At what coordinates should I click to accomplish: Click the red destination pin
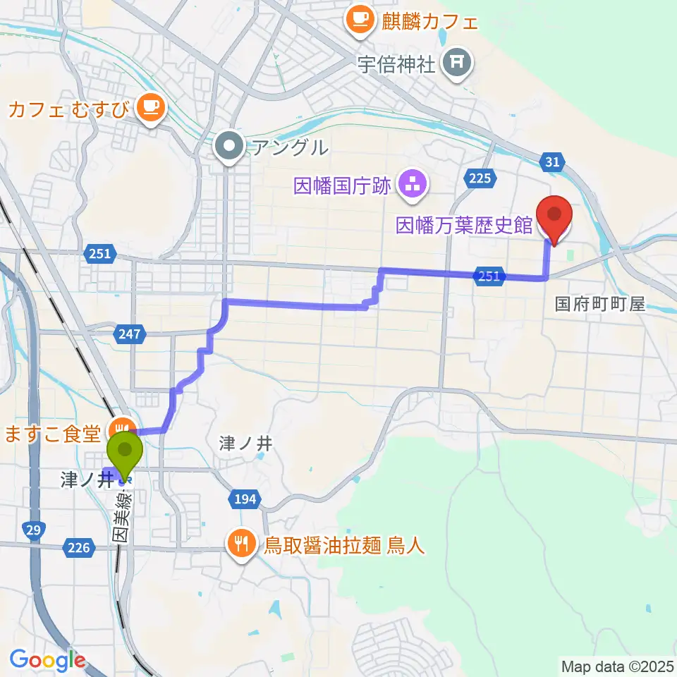[x=554, y=217]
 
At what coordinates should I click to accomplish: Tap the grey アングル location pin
[x=228, y=147]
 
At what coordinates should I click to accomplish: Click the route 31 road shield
[x=553, y=163]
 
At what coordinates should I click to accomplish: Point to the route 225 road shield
[x=479, y=179]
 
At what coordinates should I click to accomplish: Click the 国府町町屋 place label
[x=599, y=304]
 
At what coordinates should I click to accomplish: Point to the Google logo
[x=47, y=660]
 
